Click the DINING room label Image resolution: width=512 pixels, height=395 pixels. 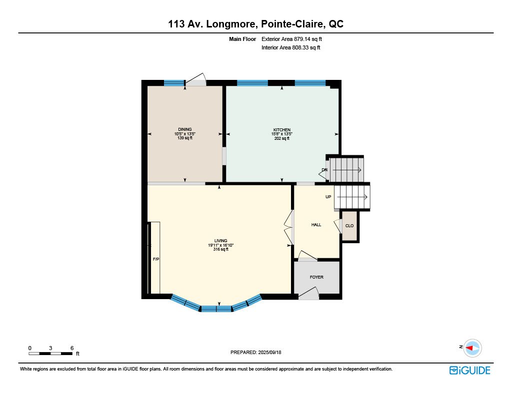tap(185, 129)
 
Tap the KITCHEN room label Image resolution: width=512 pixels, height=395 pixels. tap(282, 130)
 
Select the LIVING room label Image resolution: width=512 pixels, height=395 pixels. tap(220, 241)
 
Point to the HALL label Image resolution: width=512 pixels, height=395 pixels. tap(316, 225)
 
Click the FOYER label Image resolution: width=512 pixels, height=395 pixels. tap(316, 277)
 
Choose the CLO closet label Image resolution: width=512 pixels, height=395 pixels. tap(349, 226)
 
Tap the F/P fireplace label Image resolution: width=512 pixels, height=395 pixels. tap(156, 259)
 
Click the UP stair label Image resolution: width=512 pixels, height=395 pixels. tap(328, 197)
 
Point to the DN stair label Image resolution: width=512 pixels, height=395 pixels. tap(324, 170)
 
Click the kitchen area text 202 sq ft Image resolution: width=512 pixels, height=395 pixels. tap(282, 138)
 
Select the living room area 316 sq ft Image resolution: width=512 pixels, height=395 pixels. tap(220, 249)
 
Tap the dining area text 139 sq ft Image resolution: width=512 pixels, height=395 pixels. tap(185, 138)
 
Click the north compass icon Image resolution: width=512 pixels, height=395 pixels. tap(472, 348)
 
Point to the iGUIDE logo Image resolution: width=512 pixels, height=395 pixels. tap(470, 371)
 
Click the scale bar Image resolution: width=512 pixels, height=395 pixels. tap(50, 354)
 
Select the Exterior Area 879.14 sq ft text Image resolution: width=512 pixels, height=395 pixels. tap(291, 39)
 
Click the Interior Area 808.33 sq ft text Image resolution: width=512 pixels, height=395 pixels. tap(290, 47)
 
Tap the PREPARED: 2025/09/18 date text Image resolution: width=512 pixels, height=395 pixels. tap(255, 352)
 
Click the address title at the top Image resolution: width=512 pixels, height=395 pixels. tap(255, 24)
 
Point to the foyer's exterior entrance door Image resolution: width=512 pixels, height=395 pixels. tap(308, 294)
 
